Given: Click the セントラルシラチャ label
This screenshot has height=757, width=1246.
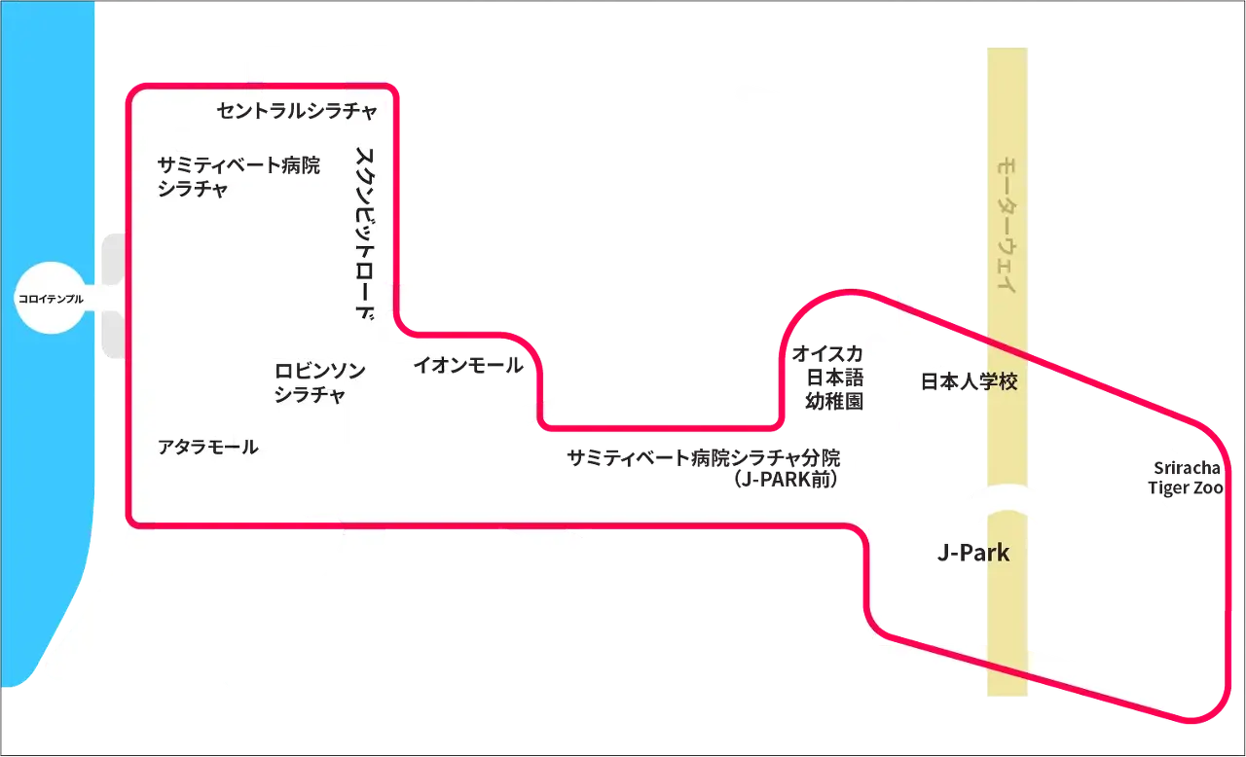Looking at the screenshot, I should pyautogui.click(x=296, y=112).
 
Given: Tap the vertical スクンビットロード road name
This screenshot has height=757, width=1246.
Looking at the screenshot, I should pyautogui.click(x=365, y=234).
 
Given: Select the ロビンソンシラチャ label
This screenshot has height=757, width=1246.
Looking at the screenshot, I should pyautogui.click(x=318, y=383).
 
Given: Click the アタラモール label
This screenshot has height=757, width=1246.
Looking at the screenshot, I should pyautogui.click(x=208, y=447).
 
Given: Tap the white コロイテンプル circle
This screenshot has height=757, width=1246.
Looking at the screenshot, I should pyautogui.click(x=51, y=299).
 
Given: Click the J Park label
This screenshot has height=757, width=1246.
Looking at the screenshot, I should pyautogui.click(x=971, y=554).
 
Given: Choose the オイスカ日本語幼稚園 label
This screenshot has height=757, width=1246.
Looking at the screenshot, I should pyautogui.click(x=831, y=376).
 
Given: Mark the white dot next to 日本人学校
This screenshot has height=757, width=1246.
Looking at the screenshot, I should pyautogui.click(x=936, y=350).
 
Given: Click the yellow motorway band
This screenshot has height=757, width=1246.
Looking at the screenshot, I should pyautogui.click(x=1008, y=623).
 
